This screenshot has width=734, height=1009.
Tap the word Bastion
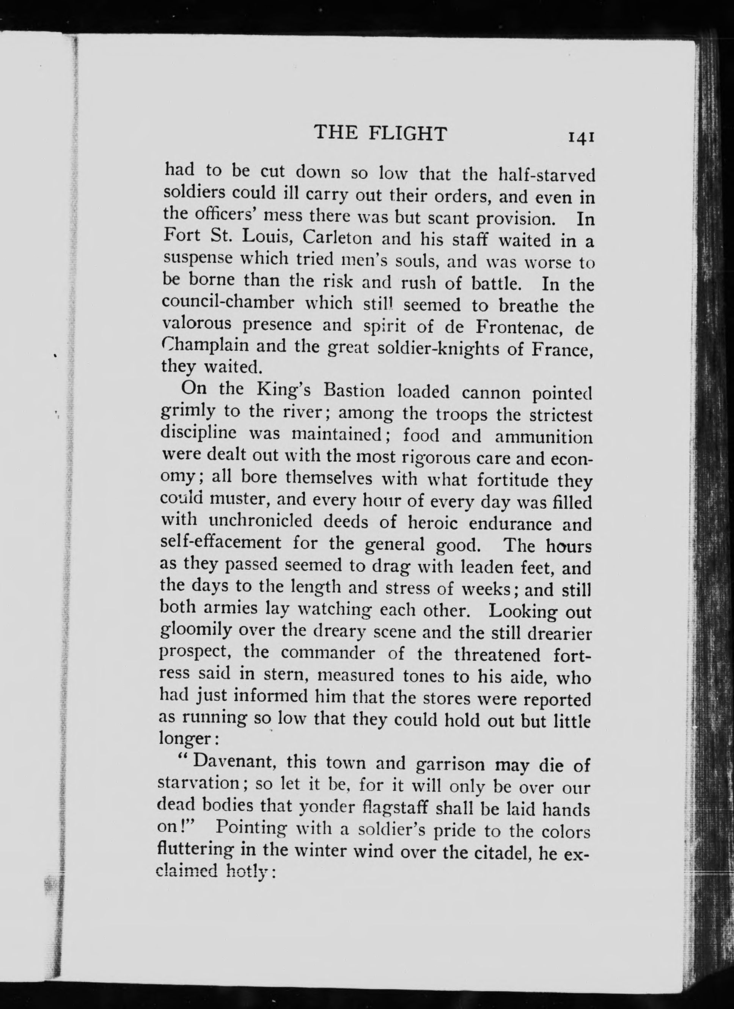point(354,390)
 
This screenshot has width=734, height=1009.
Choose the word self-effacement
point(220,543)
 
